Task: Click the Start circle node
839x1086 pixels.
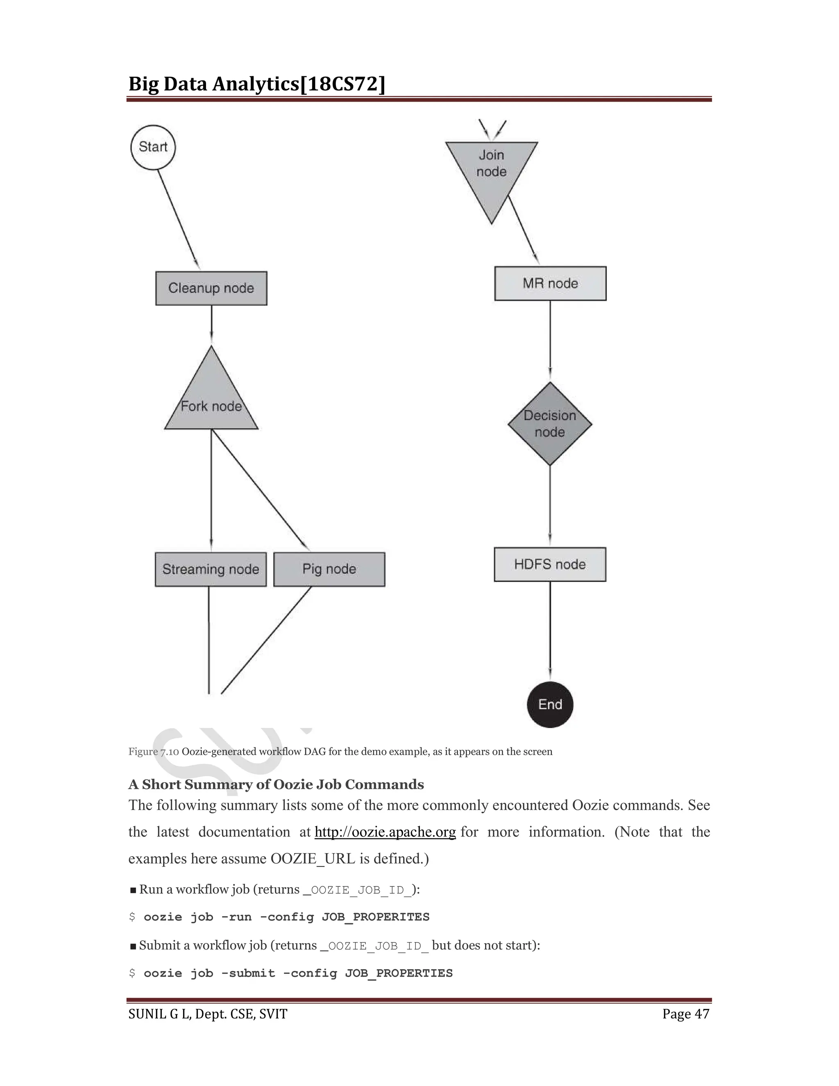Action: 153,147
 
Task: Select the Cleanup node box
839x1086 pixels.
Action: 211,289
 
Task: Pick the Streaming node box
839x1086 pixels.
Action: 211,569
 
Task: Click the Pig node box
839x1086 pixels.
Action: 329,569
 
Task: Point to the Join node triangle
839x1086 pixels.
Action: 492,169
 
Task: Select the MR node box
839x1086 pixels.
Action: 550,284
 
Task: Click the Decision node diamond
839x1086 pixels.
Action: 550,424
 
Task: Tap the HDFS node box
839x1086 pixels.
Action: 550,564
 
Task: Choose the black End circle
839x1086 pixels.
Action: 550,704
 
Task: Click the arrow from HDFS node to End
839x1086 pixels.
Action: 550,632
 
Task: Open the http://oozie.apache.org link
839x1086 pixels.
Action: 385,832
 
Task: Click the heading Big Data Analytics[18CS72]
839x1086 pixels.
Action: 256,84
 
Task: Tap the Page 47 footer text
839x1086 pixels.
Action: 685,1014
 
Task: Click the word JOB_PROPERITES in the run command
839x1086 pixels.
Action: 375,917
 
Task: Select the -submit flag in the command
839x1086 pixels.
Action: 248,973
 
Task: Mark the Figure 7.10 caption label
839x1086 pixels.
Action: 154,751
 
